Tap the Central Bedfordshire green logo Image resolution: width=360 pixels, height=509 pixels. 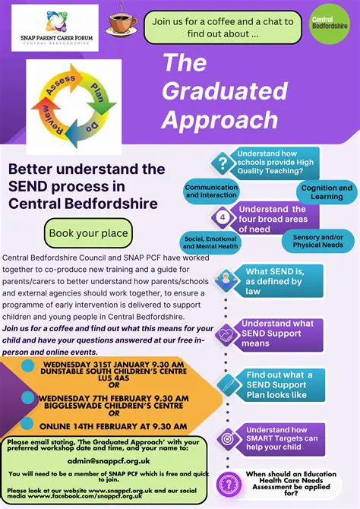[330, 23]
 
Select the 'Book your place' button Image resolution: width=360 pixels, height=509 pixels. [88, 232]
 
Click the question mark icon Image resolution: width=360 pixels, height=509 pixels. [223, 163]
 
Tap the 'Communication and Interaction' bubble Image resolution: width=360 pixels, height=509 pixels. [211, 191]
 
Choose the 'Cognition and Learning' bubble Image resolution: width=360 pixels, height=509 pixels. [327, 191]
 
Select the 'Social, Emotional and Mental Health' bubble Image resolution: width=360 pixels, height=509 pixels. [211, 242]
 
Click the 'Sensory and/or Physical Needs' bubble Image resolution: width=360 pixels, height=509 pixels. [317, 241]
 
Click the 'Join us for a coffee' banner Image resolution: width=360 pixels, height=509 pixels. [222, 27]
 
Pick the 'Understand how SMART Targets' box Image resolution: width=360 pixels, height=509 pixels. [282, 438]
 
